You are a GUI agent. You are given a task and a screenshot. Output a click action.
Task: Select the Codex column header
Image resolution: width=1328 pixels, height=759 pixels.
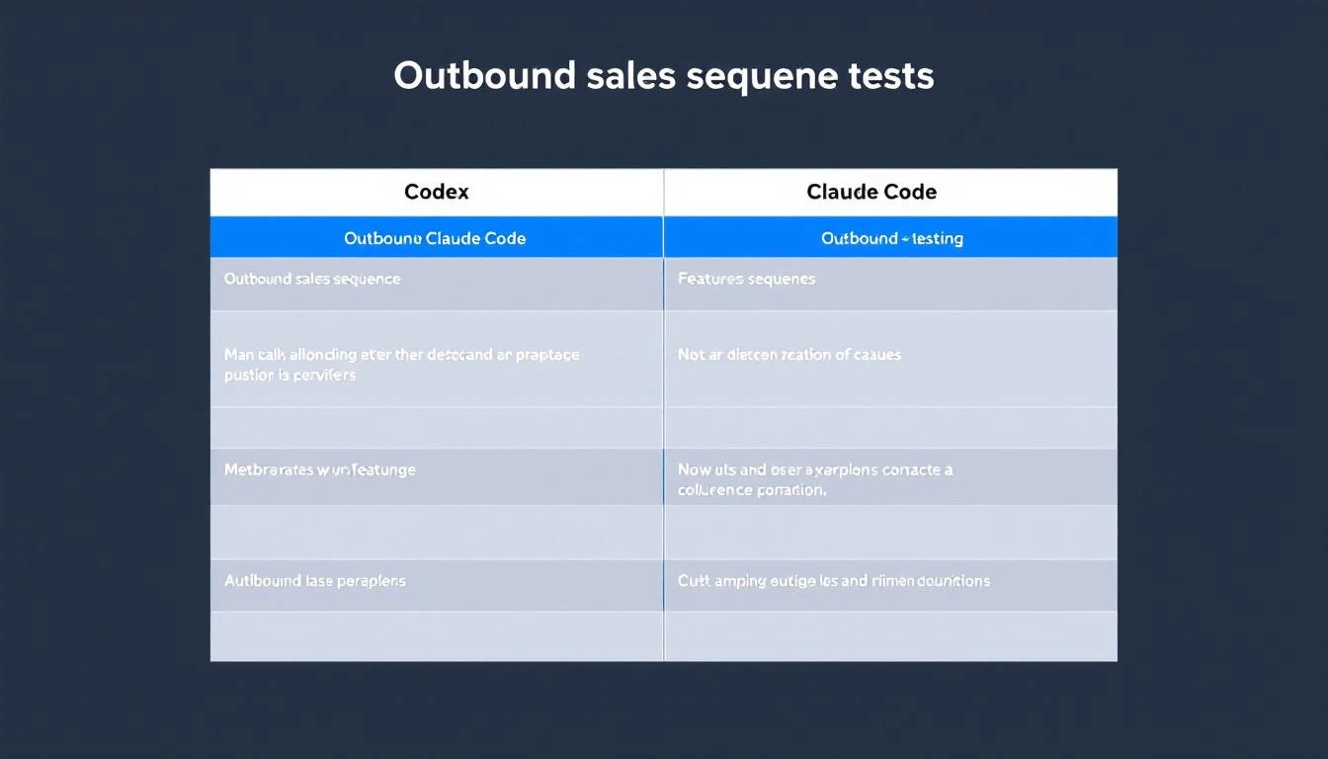tap(437, 192)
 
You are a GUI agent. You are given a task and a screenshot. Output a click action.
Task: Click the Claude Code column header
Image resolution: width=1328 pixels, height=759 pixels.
tap(871, 192)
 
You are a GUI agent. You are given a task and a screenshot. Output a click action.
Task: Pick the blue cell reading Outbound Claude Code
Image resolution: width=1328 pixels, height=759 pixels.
tap(435, 238)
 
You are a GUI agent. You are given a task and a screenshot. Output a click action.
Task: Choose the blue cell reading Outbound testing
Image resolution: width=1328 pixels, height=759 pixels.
tap(891, 238)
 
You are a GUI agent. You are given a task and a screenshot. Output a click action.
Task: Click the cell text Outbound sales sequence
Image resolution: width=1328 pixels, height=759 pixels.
tap(312, 279)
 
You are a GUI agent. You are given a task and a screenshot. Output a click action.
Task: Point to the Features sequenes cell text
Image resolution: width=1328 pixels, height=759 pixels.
tap(746, 279)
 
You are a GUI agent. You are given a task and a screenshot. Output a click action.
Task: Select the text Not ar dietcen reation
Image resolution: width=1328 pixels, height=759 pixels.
tap(788, 354)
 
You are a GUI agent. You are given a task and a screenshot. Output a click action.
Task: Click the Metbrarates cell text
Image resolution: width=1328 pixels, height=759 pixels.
tap(319, 469)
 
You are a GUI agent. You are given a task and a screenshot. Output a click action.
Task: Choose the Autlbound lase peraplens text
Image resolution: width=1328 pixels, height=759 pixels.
tap(314, 580)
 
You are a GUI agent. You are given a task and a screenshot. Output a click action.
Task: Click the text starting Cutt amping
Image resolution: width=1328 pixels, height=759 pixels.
tap(833, 580)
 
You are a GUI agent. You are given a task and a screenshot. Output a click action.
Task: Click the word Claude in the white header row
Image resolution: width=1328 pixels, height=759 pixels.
tap(841, 192)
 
